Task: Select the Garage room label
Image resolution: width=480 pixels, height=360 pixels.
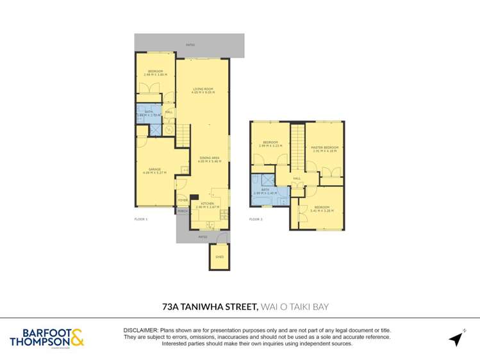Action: [156, 169]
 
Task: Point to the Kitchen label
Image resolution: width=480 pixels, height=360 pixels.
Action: [206, 203]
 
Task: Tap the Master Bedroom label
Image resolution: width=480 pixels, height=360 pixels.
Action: [324, 147]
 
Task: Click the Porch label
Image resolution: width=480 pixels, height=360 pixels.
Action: [182, 210]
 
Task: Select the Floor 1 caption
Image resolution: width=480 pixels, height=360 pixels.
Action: [141, 219]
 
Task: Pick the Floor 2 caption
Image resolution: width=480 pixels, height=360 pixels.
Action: [256, 219]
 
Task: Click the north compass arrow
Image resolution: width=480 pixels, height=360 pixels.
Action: [456, 338]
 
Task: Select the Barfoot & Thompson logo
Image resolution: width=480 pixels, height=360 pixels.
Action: [46, 337]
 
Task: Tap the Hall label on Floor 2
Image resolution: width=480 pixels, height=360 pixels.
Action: [297, 179]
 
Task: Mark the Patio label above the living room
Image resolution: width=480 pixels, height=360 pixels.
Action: [190, 45]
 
